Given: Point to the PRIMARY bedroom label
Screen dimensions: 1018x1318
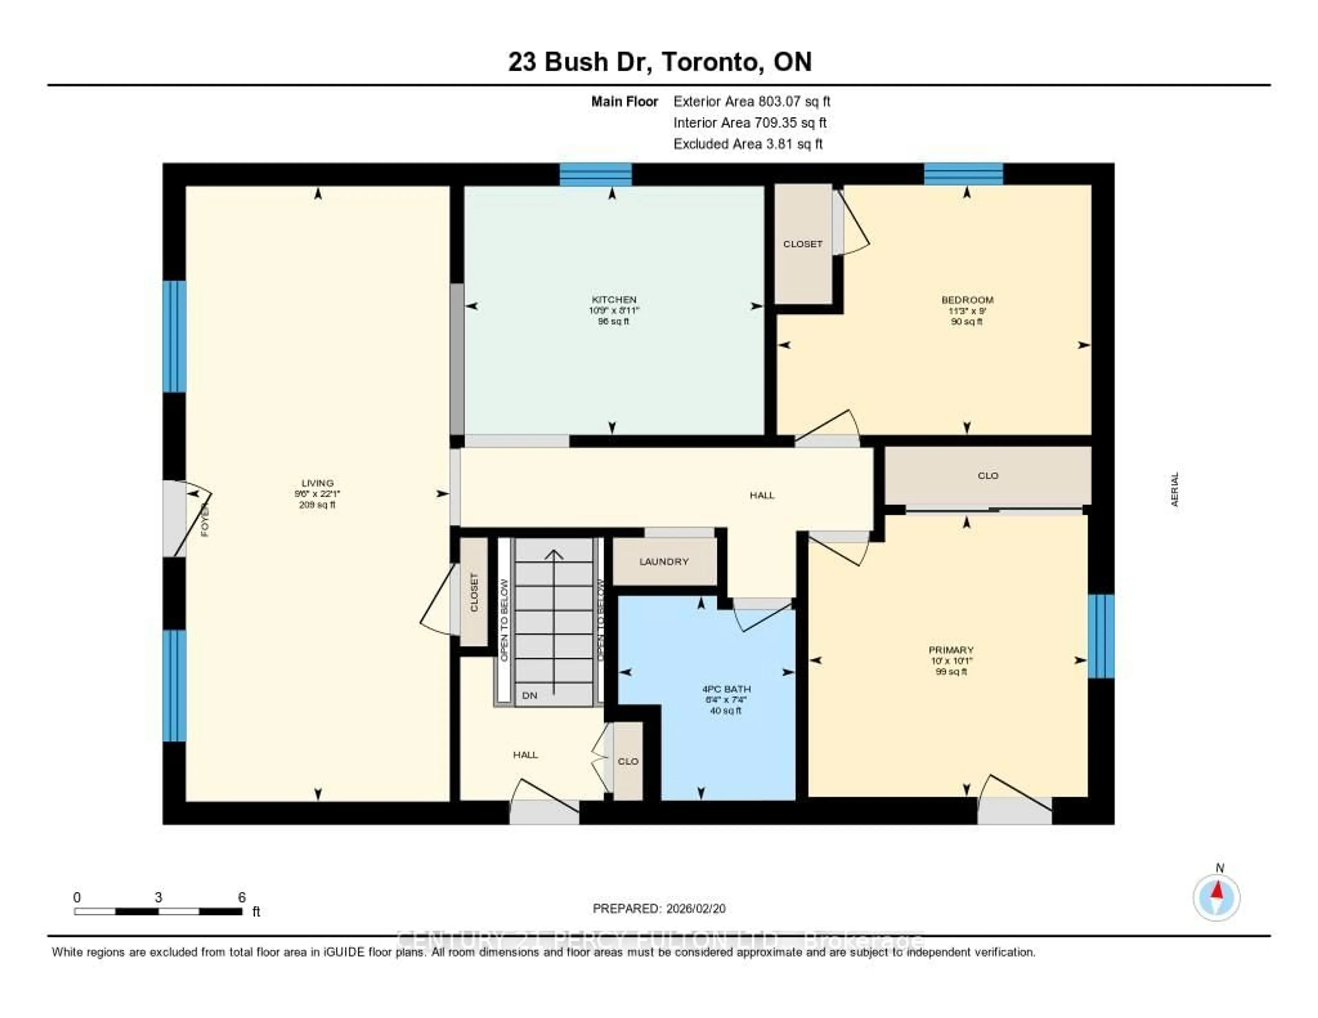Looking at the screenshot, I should [951, 650].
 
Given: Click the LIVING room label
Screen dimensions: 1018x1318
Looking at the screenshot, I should [317, 483].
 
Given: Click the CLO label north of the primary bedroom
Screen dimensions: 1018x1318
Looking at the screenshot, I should [988, 475].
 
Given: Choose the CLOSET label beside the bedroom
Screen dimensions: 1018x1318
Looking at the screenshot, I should [802, 244].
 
